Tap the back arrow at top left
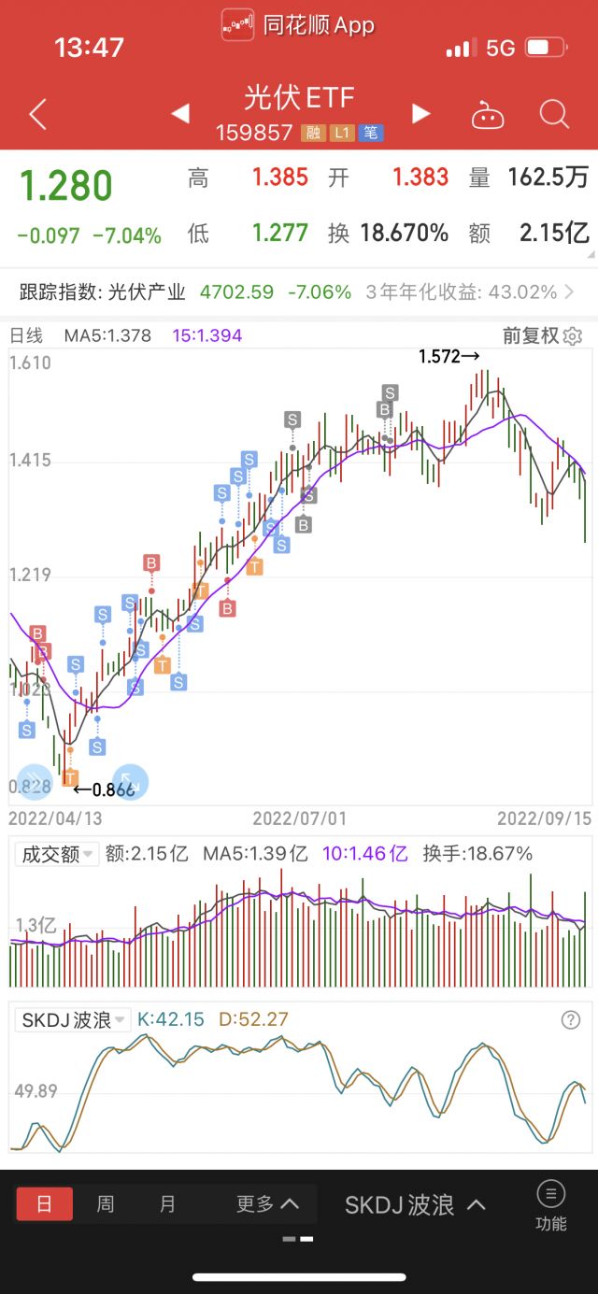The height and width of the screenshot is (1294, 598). (37, 115)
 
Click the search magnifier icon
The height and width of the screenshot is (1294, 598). (554, 115)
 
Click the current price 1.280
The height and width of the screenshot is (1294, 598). (66, 187)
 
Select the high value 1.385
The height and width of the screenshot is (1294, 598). (280, 177)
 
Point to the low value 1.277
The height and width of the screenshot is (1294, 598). (280, 233)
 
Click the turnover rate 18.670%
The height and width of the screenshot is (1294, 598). (405, 233)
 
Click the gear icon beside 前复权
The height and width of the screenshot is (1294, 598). (573, 336)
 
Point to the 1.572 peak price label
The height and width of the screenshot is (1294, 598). (448, 356)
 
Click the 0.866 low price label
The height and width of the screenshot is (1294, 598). (105, 789)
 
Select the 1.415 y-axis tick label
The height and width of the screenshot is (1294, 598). (30, 461)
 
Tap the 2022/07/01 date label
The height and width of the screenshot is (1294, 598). (299, 818)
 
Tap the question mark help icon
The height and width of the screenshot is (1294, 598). (571, 1019)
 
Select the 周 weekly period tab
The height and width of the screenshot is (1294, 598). (106, 1204)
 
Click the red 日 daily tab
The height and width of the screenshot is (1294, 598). (44, 1204)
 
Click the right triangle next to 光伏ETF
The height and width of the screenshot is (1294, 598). (421, 114)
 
